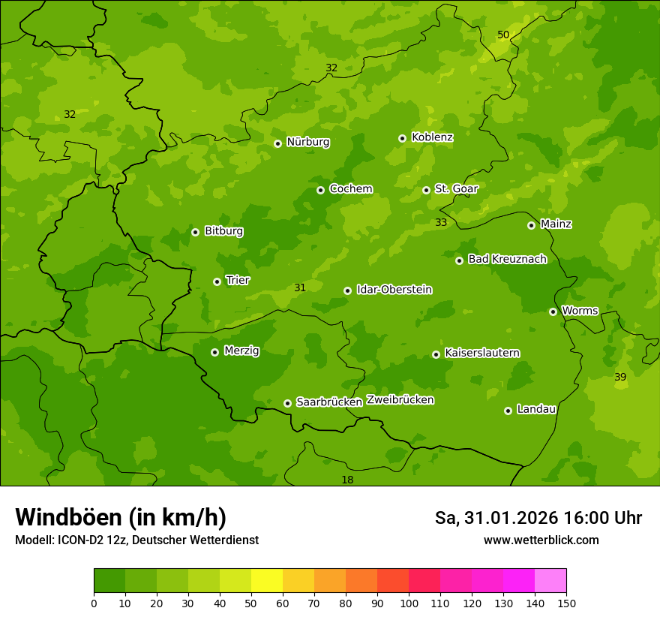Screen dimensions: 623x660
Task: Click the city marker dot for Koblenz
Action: click(402, 138)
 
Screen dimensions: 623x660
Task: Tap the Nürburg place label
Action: click(307, 142)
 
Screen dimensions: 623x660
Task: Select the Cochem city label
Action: click(350, 188)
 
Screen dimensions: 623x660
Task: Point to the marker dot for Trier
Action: click(217, 281)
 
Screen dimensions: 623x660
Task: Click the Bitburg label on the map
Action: click(223, 230)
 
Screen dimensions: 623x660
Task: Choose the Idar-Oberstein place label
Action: click(394, 289)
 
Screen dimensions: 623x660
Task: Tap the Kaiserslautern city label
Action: click(481, 353)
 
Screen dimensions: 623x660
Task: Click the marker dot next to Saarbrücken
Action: click(287, 403)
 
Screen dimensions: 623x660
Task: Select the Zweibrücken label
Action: click(400, 399)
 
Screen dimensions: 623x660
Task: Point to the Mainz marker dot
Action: click(531, 225)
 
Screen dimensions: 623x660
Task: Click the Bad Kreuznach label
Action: click(507, 259)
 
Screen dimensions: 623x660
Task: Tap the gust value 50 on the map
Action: click(503, 35)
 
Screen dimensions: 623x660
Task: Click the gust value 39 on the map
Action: click(620, 377)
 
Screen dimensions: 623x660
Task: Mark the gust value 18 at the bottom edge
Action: click(347, 480)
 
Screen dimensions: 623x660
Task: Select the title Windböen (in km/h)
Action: click(121, 517)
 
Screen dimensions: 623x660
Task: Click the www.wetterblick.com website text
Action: click(541, 540)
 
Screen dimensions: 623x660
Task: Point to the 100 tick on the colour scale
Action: click(409, 603)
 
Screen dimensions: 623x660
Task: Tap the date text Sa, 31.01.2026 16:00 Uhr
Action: click(538, 518)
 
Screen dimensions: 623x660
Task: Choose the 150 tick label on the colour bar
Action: click(565, 603)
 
